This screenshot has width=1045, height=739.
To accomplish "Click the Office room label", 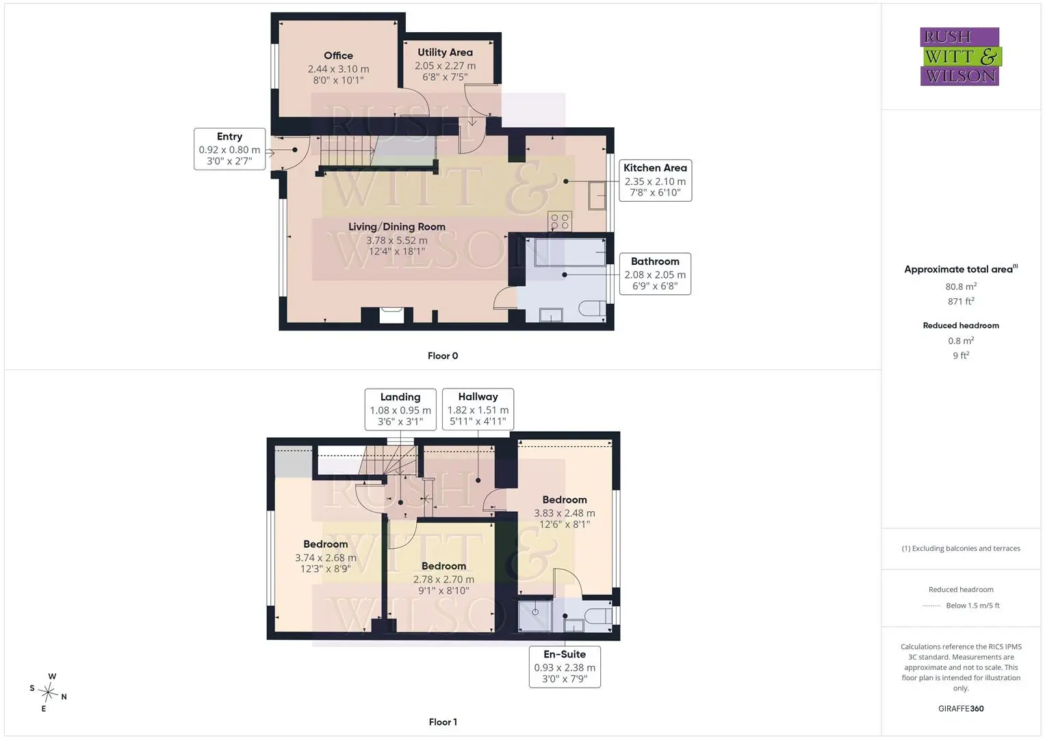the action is [x=338, y=55].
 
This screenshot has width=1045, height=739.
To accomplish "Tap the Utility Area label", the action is [x=445, y=52].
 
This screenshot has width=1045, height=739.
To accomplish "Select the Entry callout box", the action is [x=229, y=149].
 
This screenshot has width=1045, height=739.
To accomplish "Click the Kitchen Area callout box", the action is [x=655, y=181].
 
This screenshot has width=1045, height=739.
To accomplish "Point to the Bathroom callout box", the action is [x=655, y=274].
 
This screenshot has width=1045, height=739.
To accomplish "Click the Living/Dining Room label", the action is [x=396, y=226].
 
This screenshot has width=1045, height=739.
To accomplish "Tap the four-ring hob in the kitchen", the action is [x=560, y=222].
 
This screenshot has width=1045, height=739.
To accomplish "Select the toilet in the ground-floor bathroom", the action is [x=592, y=309].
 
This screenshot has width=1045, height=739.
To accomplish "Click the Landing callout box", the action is [x=400, y=409].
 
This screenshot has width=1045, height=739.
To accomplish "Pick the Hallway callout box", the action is [x=478, y=409].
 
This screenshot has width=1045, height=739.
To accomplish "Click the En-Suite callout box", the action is [x=565, y=666].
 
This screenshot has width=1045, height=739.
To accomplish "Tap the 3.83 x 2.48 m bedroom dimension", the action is [x=565, y=513].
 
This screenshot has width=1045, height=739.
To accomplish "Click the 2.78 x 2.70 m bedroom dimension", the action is [x=443, y=580].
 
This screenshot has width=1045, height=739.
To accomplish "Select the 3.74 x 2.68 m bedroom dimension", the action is [x=326, y=558].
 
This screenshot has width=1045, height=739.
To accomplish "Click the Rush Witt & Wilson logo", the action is [x=961, y=56].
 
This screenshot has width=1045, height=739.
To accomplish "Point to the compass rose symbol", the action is [x=48, y=692].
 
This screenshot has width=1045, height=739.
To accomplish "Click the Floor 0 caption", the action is [x=443, y=356].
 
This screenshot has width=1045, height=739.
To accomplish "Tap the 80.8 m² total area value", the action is [x=961, y=287].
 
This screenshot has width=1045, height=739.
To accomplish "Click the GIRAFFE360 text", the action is [x=961, y=708].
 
